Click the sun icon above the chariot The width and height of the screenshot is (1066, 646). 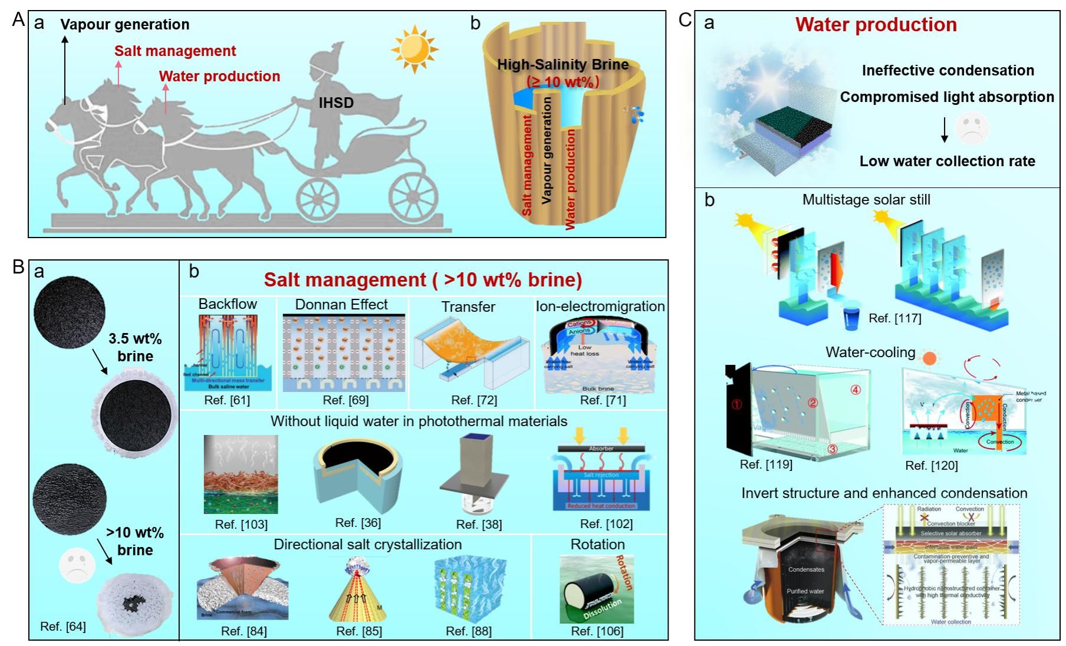[414, 49]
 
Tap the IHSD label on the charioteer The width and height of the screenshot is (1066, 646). [336, 103]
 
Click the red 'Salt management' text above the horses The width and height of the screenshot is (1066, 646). [175, 51]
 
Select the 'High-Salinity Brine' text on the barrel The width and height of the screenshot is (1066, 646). [562, 65]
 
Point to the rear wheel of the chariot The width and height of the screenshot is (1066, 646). [413, 195]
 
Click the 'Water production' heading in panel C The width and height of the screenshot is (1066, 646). [876, 25]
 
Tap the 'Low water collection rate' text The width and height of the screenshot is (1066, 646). [947, 161]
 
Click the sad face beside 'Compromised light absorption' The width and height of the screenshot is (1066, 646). [971, 128]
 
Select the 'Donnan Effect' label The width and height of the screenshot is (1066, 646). [341, 305]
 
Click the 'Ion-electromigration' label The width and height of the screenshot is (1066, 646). [600, 306]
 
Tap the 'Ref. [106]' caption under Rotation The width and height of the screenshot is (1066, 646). [597, 631]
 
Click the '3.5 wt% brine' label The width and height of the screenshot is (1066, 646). [135, 347]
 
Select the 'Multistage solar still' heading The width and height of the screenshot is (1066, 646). [866, 200]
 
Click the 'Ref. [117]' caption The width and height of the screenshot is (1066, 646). [894, 318]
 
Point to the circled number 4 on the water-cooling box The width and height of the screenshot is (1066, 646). [855, 390]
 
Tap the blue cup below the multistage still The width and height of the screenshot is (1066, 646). [852, 319]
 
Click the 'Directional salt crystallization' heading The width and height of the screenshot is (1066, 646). [367, 545]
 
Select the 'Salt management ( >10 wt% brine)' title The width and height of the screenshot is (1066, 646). [423, 280]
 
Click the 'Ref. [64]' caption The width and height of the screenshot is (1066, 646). [63, 627]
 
